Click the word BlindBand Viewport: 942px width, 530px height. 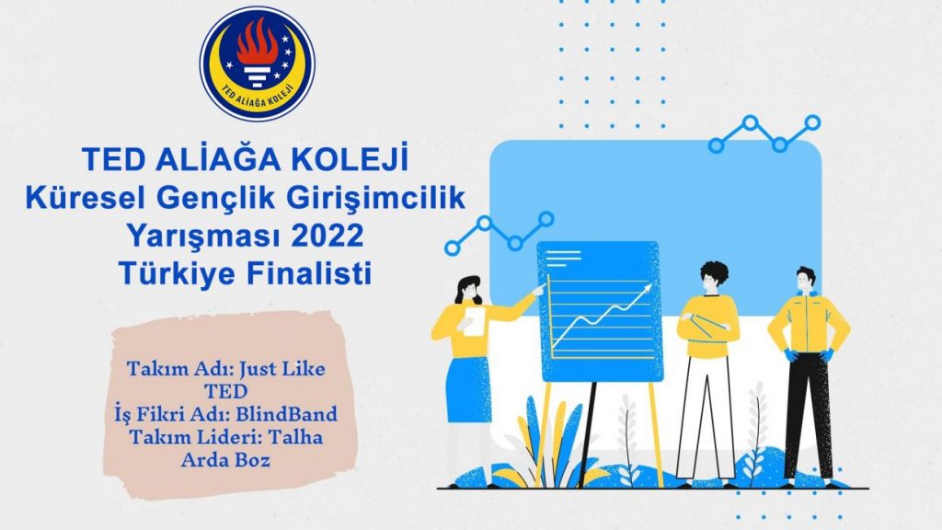tap(286, 414)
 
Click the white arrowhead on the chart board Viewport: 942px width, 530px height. tap(647, 288)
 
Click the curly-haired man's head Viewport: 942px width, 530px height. tap(713, 278)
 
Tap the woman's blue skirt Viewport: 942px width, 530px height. tap(468, 388)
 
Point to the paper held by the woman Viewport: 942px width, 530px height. tap(474, 321)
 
